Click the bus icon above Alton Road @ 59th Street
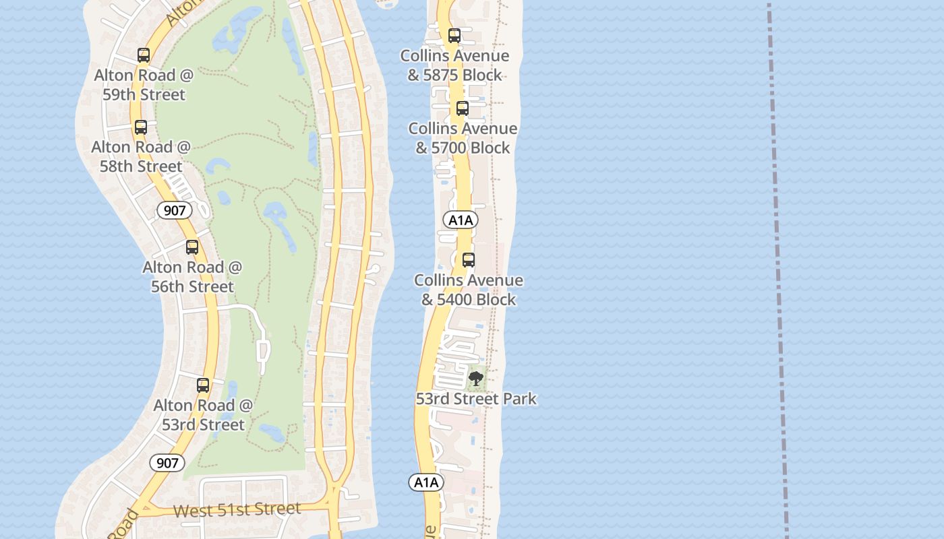[x=144, y=55]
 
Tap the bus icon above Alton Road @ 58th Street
[x=141, y=127]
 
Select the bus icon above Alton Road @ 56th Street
[x=192, y=247]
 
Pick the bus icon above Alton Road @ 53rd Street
[x=203, y=385]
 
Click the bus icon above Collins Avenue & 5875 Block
[x=454, y=36]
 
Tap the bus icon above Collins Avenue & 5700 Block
[x=463, y=108]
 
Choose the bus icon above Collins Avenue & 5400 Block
[x=469, y=260]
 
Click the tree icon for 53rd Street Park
[x=476, y=379]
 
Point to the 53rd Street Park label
[x=476, y=399]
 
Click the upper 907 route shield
[x=175, y=211]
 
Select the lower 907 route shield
[x=167, y=463]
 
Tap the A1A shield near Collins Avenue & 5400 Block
[x=461, y=220]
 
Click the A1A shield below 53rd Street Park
[x=426, y=482]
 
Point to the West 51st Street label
[x=237, y=509]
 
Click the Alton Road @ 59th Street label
[x=144, y=85]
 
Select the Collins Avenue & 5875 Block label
[x=454, y=65]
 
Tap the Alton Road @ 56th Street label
[x=192, y=277]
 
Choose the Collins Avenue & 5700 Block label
[x=463, y=138]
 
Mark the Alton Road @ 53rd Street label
[x=203, y=415]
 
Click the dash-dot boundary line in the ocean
[x=777, y=269]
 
